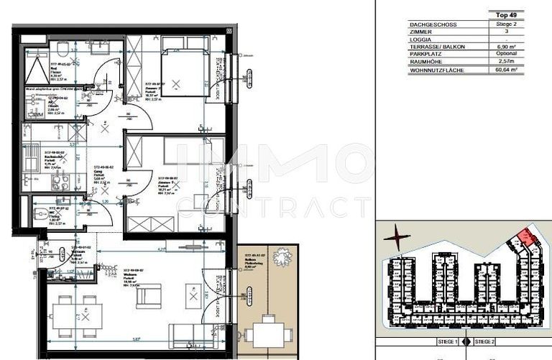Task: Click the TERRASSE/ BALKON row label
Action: coord(437,47)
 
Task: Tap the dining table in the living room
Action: coord(76,315)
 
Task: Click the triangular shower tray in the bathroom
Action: coord(35,69)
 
